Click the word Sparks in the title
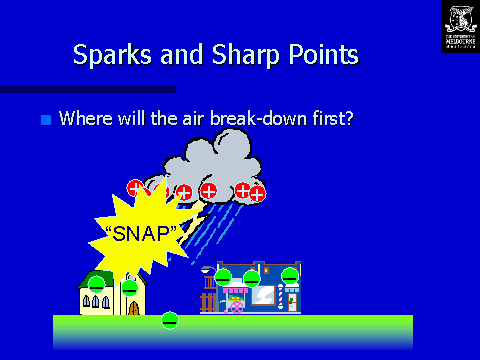click(x=109, y=56)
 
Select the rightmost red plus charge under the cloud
click(x=257, y=193)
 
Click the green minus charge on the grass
click(x=170, y=320)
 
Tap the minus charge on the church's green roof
click(x=96, y=284)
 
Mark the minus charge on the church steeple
click(x=129, y=287)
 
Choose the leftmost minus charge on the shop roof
click(x=223, y=276)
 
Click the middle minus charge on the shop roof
click(x=252, y=277)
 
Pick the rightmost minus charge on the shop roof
click(x=289, y=275)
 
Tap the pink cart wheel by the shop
click(x=234, y=307)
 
